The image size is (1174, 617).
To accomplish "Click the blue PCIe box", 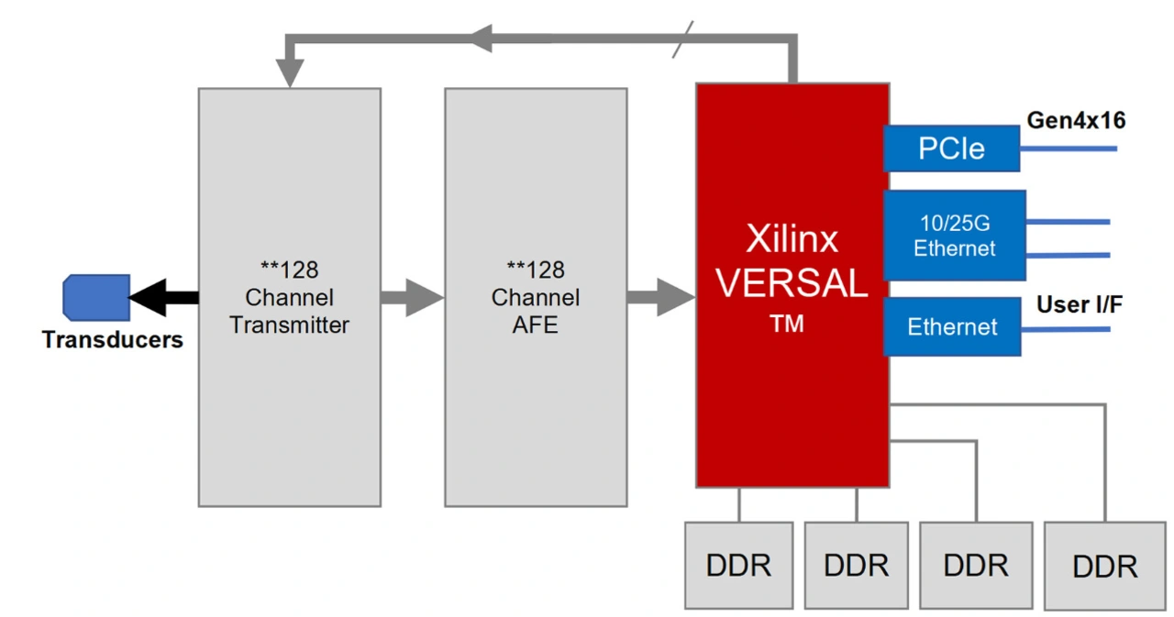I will (951, 149).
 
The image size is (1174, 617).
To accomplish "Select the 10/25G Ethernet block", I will (954, 235).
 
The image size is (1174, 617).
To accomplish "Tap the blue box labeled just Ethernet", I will (952, 326).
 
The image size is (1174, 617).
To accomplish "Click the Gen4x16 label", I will (1076, 120).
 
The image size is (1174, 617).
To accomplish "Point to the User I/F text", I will (1080, 304).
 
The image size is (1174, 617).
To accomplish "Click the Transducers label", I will (112, 340).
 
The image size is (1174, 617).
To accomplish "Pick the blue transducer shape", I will (95, 297).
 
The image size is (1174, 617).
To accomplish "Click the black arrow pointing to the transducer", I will (163, 297).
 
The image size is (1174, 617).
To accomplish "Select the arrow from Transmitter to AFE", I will (412, 297).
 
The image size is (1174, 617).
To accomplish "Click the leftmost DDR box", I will (738, 566).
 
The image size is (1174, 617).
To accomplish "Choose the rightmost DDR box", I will (1104, 567).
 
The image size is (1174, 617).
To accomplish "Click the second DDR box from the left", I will (856, 566).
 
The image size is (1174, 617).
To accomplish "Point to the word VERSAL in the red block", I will (792, 283).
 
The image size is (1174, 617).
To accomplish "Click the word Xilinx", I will (792, 239).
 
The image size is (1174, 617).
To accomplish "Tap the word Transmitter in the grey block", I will (289, 325).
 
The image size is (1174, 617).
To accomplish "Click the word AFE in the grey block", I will (536, 325).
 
